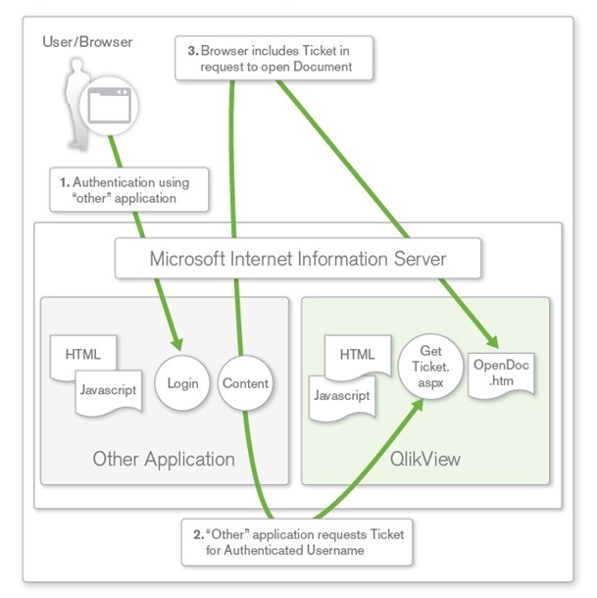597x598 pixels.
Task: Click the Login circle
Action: point(183,382)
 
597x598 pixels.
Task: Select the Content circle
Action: point(244,382)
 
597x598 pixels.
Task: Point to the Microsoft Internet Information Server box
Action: point(298,260)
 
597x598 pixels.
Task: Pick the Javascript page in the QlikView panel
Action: point(342,397)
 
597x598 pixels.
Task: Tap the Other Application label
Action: point(164,459)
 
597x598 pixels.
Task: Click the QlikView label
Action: point(425,459)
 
